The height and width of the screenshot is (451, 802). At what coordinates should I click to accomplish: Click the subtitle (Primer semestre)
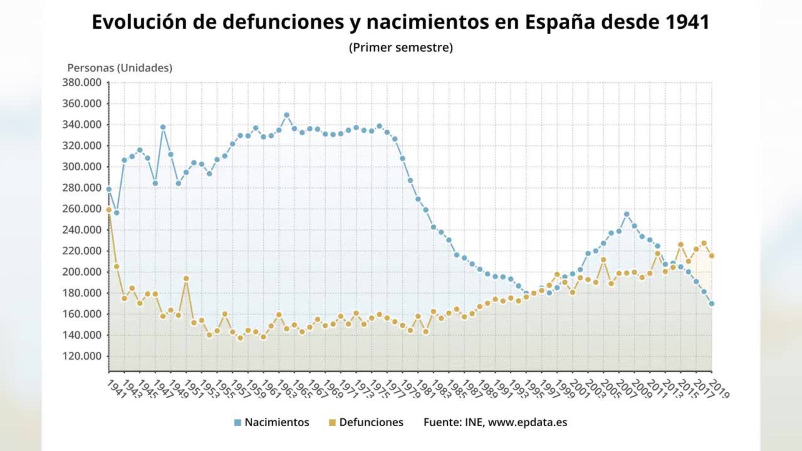tap(401, 48)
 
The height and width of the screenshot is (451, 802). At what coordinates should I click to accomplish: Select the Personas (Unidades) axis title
tap(120, 68)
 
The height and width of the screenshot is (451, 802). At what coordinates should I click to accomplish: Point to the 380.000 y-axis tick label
tap(82, 83)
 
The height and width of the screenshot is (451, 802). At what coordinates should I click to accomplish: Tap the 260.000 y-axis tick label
tap(82, 209)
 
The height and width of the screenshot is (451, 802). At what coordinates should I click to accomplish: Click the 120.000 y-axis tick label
tap(82, 356)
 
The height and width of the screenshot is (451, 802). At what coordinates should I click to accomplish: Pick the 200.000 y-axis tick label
tap(82, 272)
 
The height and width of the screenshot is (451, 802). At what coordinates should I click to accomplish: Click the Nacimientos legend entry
tap(277, 422)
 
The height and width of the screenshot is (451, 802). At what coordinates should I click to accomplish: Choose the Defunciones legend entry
tap(371, 422)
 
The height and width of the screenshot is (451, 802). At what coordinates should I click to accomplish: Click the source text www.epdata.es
tap(527, 422)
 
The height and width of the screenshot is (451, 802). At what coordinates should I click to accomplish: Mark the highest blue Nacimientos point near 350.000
tap(287, 115)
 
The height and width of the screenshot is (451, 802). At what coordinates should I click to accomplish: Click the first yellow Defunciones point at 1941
tap(109, 210)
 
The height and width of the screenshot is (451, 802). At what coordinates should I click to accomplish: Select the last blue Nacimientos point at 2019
tap(712, 304)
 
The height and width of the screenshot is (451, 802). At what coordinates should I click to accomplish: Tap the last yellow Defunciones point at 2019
tap(712, 256)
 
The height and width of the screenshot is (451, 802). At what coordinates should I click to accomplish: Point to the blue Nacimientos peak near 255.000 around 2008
tap(627, 214)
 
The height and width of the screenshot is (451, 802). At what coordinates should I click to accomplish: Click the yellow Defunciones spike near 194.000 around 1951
tap(186, 279)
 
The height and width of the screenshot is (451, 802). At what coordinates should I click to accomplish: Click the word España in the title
tap(560, 23)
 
